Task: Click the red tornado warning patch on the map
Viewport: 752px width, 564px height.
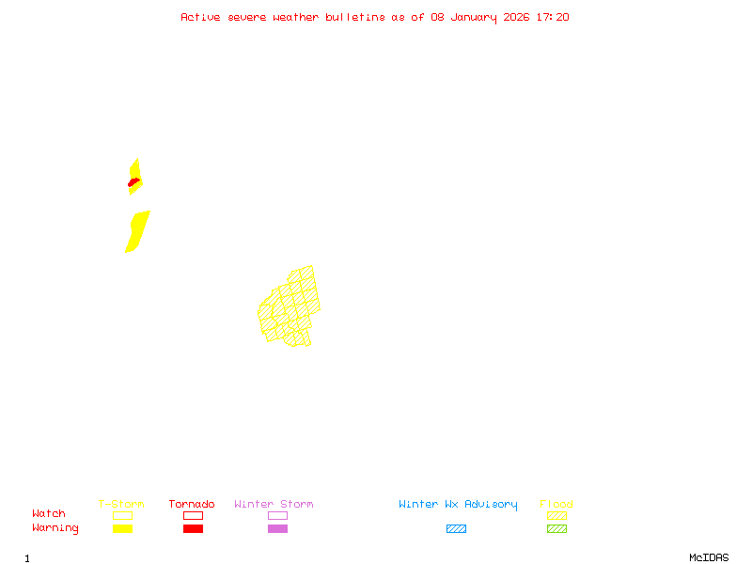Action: point(134,181)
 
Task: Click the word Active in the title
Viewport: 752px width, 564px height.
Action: point(200,17)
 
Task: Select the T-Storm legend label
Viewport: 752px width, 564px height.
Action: point(121,505)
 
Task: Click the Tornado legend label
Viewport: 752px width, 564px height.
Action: point(192,505)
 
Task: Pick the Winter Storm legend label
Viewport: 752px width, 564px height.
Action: point(274,505)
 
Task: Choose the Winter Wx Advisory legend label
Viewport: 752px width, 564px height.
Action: point(458,505)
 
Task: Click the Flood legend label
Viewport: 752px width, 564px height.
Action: point(556,505)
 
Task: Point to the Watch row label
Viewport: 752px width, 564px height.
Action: point(49,514)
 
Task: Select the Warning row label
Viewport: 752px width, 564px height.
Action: point(55,528)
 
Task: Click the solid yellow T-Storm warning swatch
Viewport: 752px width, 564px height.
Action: point(122,529)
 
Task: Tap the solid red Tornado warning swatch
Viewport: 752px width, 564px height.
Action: point(193,529)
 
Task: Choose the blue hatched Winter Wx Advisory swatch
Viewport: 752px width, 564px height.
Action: point(456,529)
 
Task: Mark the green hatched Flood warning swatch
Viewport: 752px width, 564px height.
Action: point(556,529)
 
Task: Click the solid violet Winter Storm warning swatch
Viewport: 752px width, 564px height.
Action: point(277,529)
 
